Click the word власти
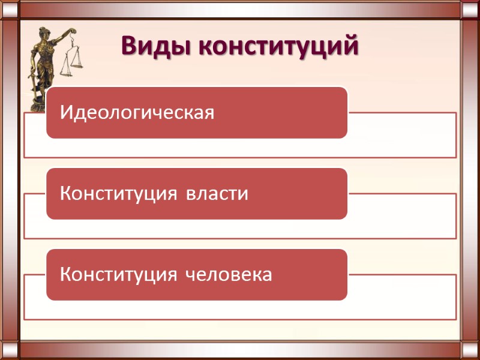[x=217, y=194]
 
